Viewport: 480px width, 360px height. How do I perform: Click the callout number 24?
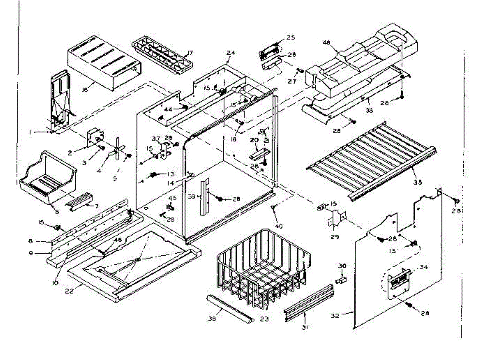[230, 57]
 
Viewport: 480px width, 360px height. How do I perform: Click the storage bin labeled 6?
[48, 178]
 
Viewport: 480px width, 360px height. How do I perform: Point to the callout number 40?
[279, 226]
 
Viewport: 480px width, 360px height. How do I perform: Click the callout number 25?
[290, 38]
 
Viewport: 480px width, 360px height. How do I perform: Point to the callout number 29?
[335, 236]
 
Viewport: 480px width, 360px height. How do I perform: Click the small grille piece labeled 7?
[82, 199]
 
